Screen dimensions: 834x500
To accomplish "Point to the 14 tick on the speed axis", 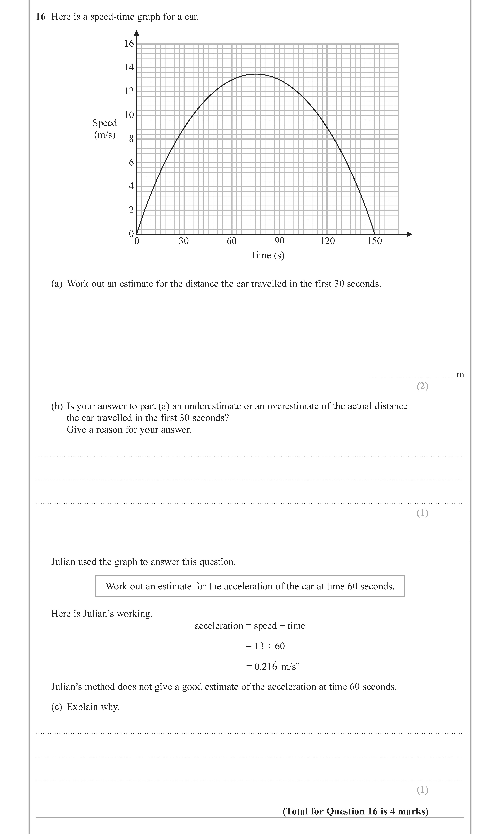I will click(129, 67).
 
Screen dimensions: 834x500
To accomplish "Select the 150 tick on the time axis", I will click(375, 241).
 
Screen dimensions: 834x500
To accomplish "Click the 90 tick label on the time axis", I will click(279, 241).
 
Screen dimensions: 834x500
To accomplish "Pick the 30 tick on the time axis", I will click(184, 241).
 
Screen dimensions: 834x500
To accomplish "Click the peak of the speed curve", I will click(256, 74).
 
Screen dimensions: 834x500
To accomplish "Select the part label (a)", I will click(57, 284).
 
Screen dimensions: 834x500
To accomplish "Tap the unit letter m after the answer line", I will click(460, 374).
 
